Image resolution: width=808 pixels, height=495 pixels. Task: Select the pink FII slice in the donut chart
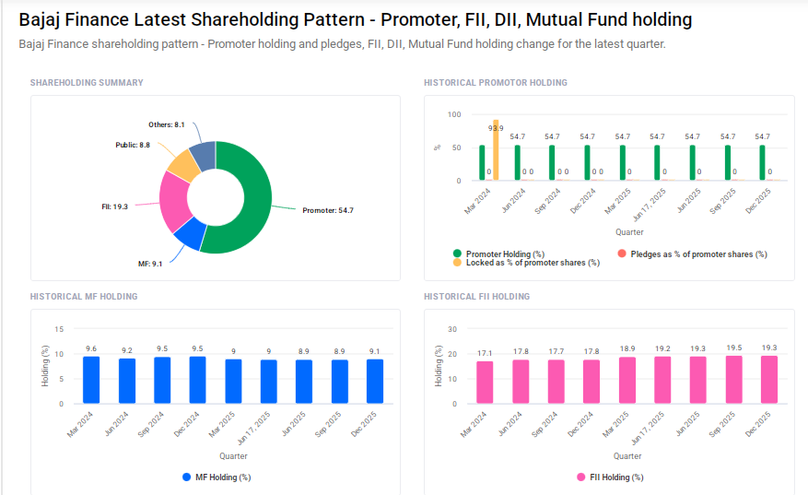click(173, 200)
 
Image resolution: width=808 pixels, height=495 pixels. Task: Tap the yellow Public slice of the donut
click(182, 166)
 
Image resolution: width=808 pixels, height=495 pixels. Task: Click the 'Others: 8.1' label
click(167, 124)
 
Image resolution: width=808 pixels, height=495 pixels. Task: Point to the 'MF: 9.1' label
click(150, 265)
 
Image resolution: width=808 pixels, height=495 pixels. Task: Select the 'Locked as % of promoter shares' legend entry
click(533, 263)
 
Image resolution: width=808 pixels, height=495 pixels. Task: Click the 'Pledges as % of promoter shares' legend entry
click(698, 253)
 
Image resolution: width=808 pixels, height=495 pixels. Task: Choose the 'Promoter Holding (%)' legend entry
click(505, 253)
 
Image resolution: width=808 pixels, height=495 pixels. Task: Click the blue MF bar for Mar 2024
click(91, 380)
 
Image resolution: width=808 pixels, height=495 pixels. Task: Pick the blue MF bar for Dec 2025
click(375, 381)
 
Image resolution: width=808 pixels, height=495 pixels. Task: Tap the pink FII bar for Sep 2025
click(734, 380)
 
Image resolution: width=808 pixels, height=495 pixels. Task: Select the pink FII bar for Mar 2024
click(485, 383)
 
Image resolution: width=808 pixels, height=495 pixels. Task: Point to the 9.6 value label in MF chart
click(91, 348)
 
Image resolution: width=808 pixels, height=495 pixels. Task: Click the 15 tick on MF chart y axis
click(60, 329)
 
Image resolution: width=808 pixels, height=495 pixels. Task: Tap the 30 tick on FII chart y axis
click(451, 329)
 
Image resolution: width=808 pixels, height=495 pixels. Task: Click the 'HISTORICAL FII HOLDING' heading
click(476, 297)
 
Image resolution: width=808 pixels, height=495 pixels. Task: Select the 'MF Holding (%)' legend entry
click(222, 477)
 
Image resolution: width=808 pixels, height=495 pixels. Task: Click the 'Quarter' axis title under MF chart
click(233, 456)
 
